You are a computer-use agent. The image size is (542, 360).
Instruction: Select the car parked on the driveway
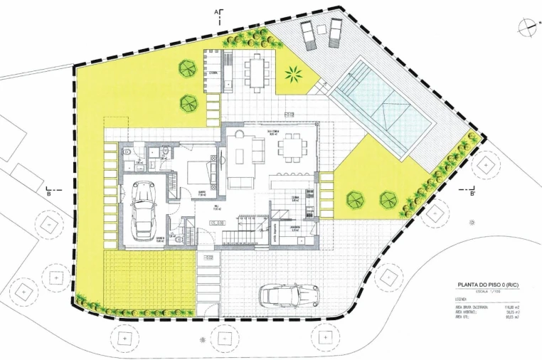[288, 293]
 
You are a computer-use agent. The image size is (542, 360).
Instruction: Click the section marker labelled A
[220, 12]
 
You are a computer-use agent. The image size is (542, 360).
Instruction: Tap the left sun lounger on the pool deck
[308, 34]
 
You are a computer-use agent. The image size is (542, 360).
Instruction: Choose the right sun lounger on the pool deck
[334, 32]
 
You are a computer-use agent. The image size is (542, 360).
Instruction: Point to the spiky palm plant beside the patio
[293, 73]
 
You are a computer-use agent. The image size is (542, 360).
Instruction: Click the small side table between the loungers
[321, 31]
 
